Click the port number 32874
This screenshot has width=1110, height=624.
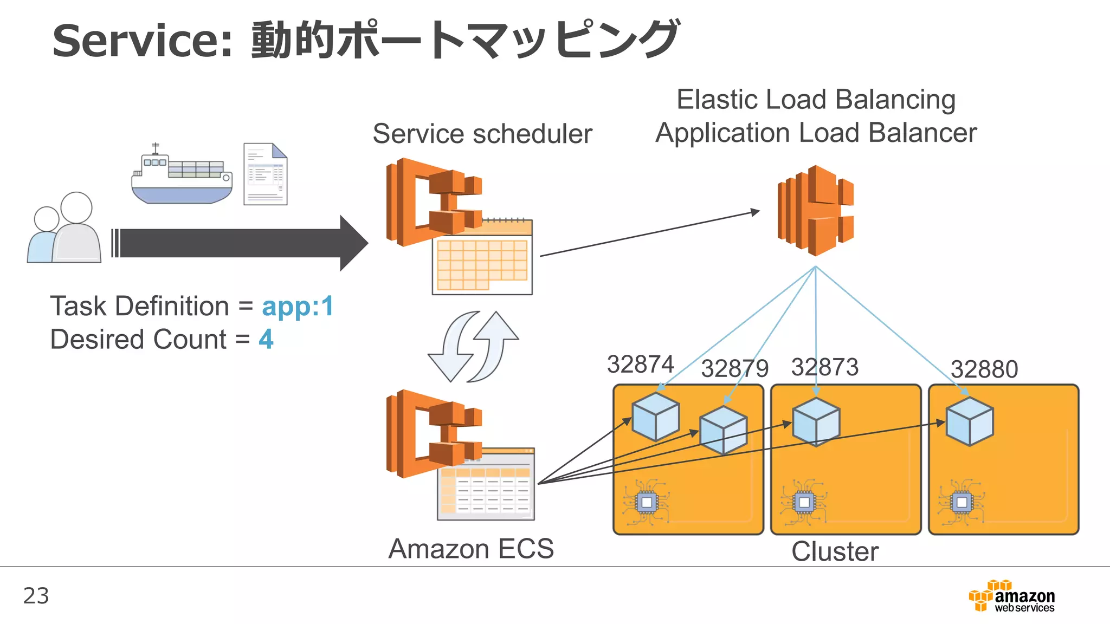pos(640,364)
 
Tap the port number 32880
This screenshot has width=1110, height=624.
pos(984,369)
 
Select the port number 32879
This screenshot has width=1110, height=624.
pos(734,369)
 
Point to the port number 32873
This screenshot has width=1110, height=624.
pos(824,367)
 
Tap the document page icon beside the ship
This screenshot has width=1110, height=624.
pos(265,174)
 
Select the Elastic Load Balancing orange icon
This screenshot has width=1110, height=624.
pos(815,211)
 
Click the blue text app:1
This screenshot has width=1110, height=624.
pos(298,307)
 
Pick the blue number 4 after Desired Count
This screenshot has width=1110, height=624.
pos(266,340)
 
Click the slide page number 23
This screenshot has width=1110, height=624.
pos(36,596)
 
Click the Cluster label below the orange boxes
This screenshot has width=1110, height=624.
pos(835,551)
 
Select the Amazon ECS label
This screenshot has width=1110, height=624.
pos(471,549)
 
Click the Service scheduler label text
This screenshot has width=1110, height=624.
pos(482,134)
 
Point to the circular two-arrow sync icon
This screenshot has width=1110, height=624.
pos(473,347)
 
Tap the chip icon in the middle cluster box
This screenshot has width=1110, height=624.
pos(804,502)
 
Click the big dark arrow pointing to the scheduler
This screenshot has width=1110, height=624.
pos(238,243)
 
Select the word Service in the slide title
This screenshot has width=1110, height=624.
pos(142,41)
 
